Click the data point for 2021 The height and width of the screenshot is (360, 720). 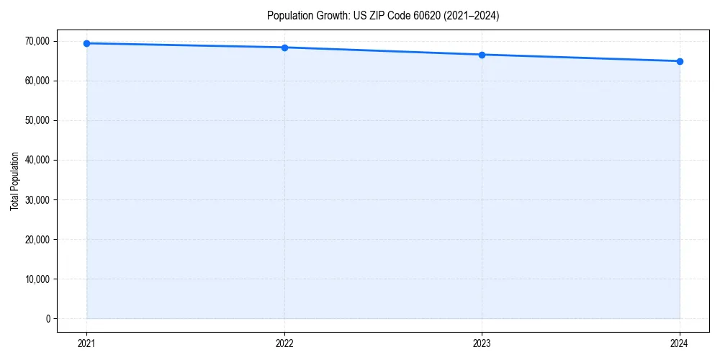(x=86, y=43)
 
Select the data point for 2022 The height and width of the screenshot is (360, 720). (x=284, y=48)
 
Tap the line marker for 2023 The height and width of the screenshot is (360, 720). (x=482, y=55)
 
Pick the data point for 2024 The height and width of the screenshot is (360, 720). (x=680, y=61)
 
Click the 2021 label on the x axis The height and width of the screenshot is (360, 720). (x=86, y=343)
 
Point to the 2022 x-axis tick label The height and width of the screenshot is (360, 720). (x=284, y=343)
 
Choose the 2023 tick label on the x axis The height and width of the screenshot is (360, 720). (x=482, y=343)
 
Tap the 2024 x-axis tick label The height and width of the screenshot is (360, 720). (x=680, y=343)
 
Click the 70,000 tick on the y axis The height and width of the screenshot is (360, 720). (x=37, y=41)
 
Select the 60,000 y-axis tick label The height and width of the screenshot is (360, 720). (x=37, y=81)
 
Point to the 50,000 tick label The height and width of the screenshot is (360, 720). (x=37, y=120)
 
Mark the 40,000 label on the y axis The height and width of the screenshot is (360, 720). (x=37, y=160)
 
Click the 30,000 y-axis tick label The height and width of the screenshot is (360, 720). (x=37, y=199)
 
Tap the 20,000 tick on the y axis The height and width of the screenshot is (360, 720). (x=37, y=239)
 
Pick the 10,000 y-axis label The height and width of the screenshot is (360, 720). (x=37, y=279)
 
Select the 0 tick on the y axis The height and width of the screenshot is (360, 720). (x=48, y=318)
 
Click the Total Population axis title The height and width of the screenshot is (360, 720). (x=14, y=181)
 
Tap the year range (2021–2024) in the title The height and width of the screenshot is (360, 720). (x=473, y=15)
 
